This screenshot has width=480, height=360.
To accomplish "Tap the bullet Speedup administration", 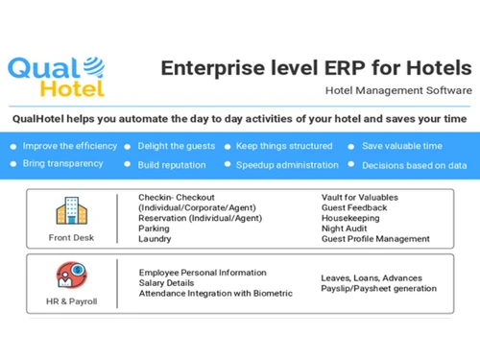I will coord(288,164).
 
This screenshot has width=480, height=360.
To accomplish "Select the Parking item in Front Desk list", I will coord(155,228).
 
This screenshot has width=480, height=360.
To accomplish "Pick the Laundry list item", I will coord(155,239).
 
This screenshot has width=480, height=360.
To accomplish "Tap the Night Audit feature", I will coord(347,228).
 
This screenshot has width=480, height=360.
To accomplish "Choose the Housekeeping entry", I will coord(351,218).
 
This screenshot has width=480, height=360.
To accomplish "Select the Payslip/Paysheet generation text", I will coord(378,288).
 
